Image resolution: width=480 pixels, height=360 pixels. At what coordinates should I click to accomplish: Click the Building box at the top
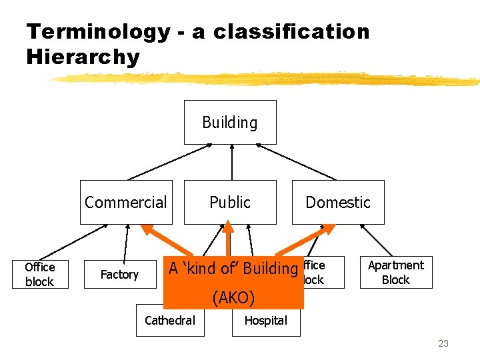[230, 123]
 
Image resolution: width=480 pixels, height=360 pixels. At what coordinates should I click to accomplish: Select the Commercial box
[126, 202]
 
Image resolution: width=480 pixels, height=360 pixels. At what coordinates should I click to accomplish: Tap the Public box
[230, 202]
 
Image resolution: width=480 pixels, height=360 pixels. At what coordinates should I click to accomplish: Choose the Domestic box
[338, 202]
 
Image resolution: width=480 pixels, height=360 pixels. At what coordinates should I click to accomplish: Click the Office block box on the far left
[39, 274]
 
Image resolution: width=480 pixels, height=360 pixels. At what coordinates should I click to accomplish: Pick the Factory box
[119, 274]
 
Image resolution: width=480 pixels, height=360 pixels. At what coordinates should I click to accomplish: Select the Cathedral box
[170, 321]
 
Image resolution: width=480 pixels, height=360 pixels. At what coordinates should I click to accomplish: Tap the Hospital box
[265, 321]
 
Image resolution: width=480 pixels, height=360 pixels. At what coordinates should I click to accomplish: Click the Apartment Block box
[396, 272]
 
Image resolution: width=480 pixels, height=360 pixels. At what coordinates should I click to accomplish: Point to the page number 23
[443, 343]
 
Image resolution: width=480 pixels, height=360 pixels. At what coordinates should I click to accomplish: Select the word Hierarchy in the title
[83, 57]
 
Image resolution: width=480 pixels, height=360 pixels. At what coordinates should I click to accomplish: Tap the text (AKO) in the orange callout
[233, 297]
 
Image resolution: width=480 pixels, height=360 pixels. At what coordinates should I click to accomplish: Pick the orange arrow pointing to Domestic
[293, 241]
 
